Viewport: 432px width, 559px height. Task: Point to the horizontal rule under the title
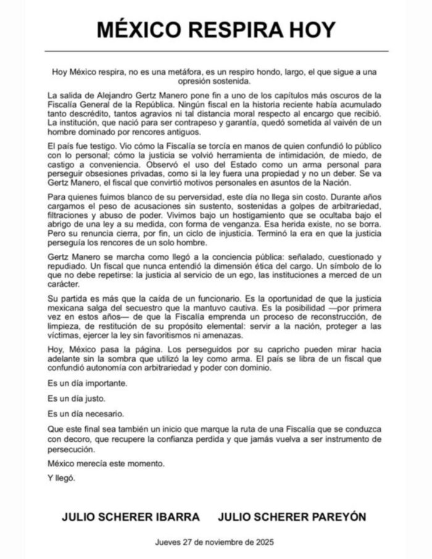click(x=215, y=51)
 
